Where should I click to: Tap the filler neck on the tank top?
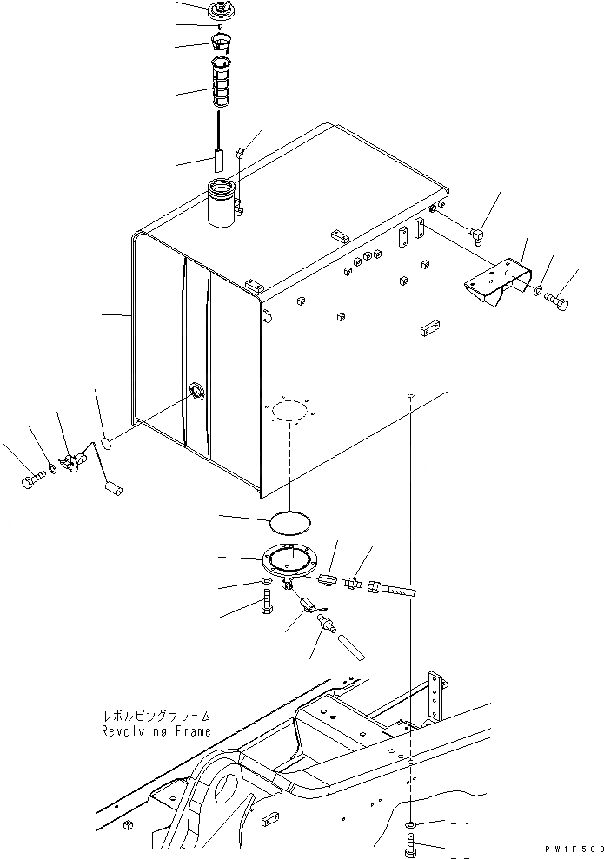click(222, 202)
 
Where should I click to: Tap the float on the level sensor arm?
click(111, 490)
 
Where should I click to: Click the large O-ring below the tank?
click(287, 522)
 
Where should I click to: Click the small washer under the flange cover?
click(263, 581)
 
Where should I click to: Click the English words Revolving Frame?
click(155, 730)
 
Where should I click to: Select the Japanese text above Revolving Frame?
click(155, 717)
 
